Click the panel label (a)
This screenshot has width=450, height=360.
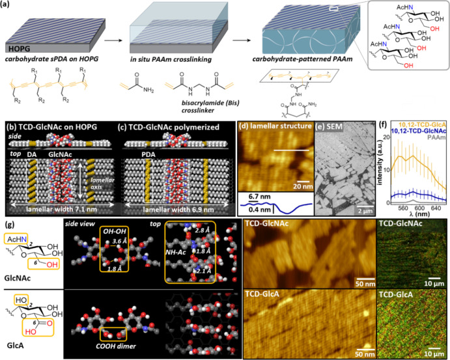click(x=8, y=5)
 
